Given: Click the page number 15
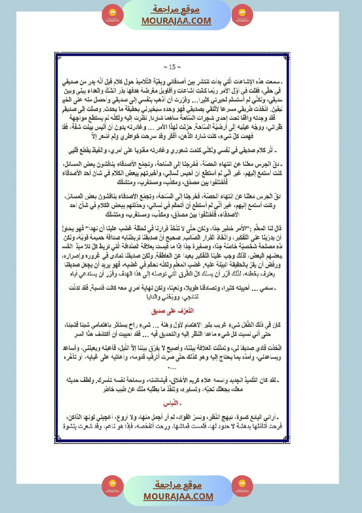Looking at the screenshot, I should coord(169,67).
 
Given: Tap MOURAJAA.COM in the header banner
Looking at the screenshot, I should coord(176,21).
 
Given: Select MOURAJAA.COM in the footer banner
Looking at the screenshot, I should coord(178,496).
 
